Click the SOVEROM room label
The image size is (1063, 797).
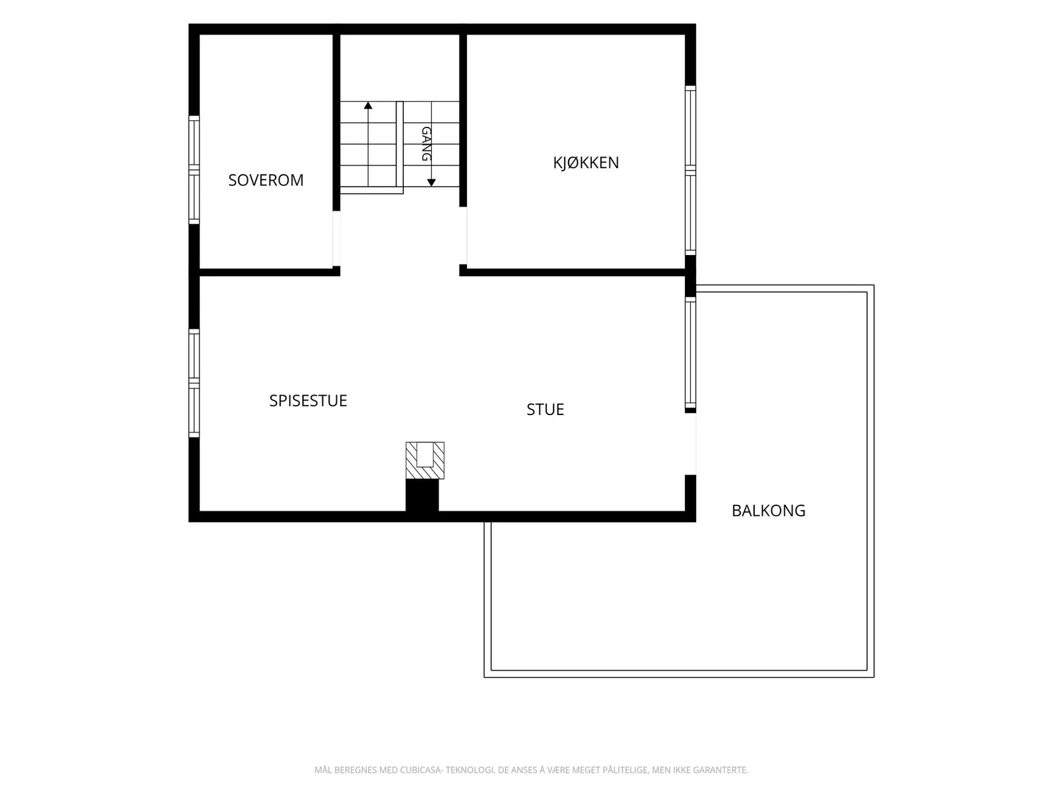click(x=266, y=180)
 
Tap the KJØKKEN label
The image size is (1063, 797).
click(x=586, y=163)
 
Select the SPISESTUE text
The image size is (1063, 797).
click(x=308, y=400)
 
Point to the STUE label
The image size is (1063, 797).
click(x=545, y=409)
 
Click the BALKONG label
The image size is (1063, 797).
click(x=769, y=511)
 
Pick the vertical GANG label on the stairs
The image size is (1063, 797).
click(x=426, y=143)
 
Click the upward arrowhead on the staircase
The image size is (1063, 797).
click(x=368, y=106)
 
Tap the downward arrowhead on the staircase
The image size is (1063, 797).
click(x=431, y=183)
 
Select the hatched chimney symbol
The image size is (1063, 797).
click(x=425, y=460)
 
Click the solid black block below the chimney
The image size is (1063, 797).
click(x=422, y=495)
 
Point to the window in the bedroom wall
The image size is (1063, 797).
click(x=194, y=170)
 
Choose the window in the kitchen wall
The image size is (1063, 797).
click(x=690, y=170)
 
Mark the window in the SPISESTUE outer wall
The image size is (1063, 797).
click(x=194, y=383)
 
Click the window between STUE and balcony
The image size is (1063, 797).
click(x=690, y=353)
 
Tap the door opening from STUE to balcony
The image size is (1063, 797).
click(x=690, y=444)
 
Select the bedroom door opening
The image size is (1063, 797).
click(x=336, y=238)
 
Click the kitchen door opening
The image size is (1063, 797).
click(x=463, y=236)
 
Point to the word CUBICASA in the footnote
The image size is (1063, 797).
click(x=421, y=770)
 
